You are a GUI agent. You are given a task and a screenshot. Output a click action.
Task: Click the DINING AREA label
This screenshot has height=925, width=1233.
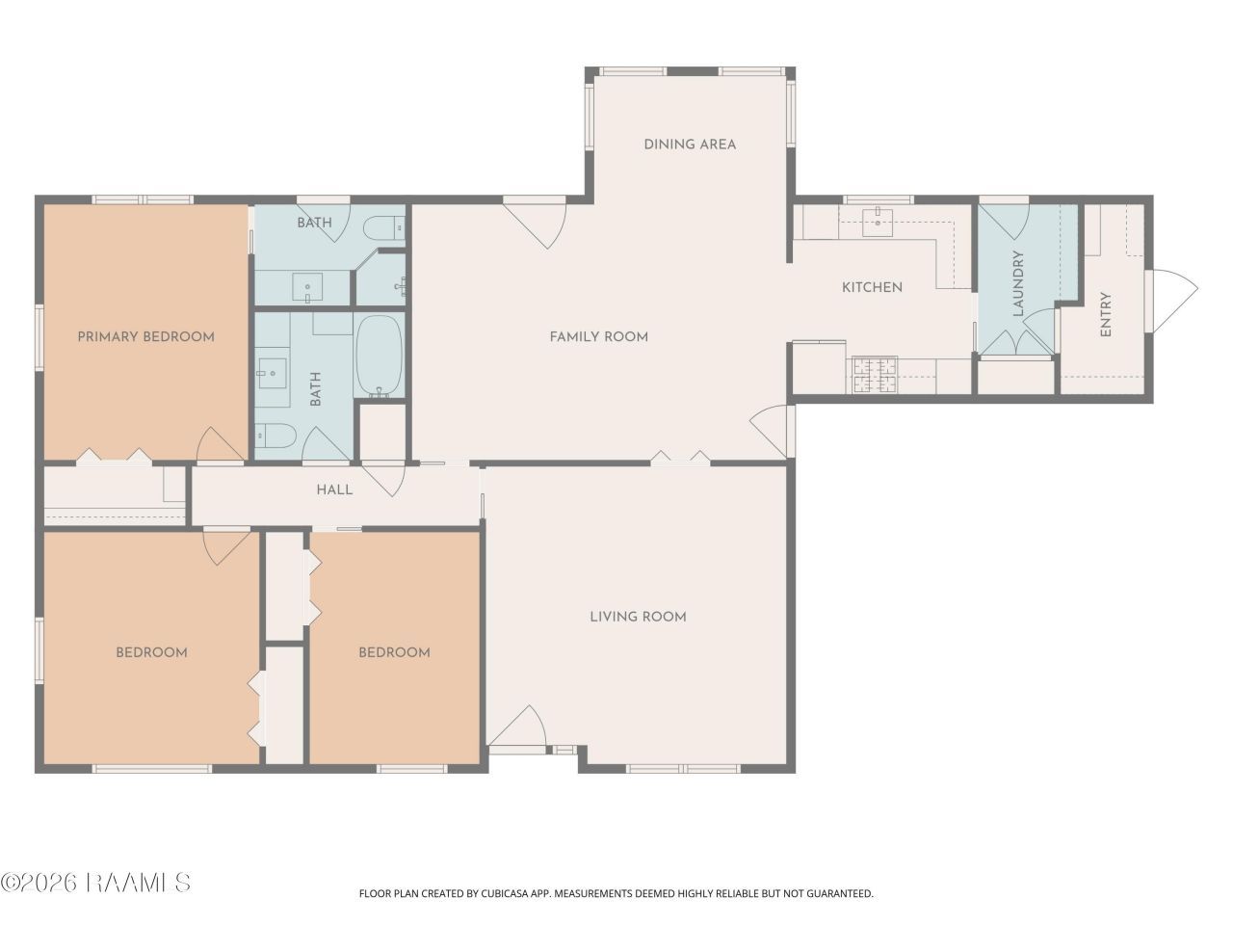(x=690, y=145)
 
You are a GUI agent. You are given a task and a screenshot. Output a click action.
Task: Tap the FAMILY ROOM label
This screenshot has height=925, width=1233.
(x=599, y=337)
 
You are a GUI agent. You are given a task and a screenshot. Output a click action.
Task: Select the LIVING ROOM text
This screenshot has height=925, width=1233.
(x=638, y=617)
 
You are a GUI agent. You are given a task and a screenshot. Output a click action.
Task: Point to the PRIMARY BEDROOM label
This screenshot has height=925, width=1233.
(x=146, y=337)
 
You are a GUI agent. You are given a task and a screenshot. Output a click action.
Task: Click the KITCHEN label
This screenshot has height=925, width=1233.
(x=873, y=287)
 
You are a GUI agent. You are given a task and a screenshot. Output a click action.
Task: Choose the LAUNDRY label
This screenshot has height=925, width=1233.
(x=1018, y=283)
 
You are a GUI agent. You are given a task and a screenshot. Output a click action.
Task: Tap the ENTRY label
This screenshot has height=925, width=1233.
(x=1106, y=314)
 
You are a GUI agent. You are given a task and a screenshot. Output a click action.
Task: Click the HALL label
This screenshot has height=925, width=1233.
(x=335, y=489)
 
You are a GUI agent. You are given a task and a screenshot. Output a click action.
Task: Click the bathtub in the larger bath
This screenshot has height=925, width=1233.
(x=380, y=356)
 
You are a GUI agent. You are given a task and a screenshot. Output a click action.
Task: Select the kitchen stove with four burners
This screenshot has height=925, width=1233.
(x=875, y=375)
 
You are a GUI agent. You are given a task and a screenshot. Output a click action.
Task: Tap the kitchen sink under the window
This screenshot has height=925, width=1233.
(x=878, y=223)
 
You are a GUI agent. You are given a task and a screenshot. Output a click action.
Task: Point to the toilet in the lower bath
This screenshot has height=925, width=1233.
(x=275, y=435)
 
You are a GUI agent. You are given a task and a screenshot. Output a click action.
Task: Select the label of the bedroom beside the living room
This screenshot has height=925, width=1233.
(x=394, y=652)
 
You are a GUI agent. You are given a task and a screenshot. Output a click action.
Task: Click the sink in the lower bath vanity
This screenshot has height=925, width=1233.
(x=272, y=372)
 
